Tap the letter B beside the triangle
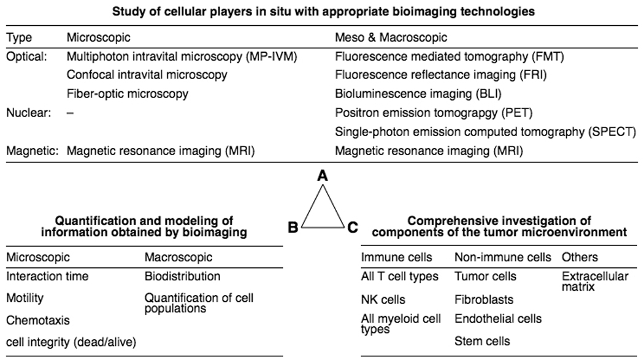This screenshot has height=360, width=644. (x=293, y=228)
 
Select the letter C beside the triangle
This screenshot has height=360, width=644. (x=352, y=228)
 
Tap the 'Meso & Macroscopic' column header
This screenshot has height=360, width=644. (x=391, y=38)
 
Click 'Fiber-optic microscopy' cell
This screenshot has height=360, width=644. (x=127, y=94)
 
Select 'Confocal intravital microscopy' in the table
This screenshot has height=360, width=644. (x=147, y=75)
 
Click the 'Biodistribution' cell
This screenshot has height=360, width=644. (x=182, y=277)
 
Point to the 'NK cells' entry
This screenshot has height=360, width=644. (x=383, y=301)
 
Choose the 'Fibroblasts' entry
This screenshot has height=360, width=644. (x=484, y=301)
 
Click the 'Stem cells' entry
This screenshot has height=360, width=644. (x=482, y=340)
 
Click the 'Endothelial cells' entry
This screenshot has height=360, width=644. (x=498, y=319)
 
